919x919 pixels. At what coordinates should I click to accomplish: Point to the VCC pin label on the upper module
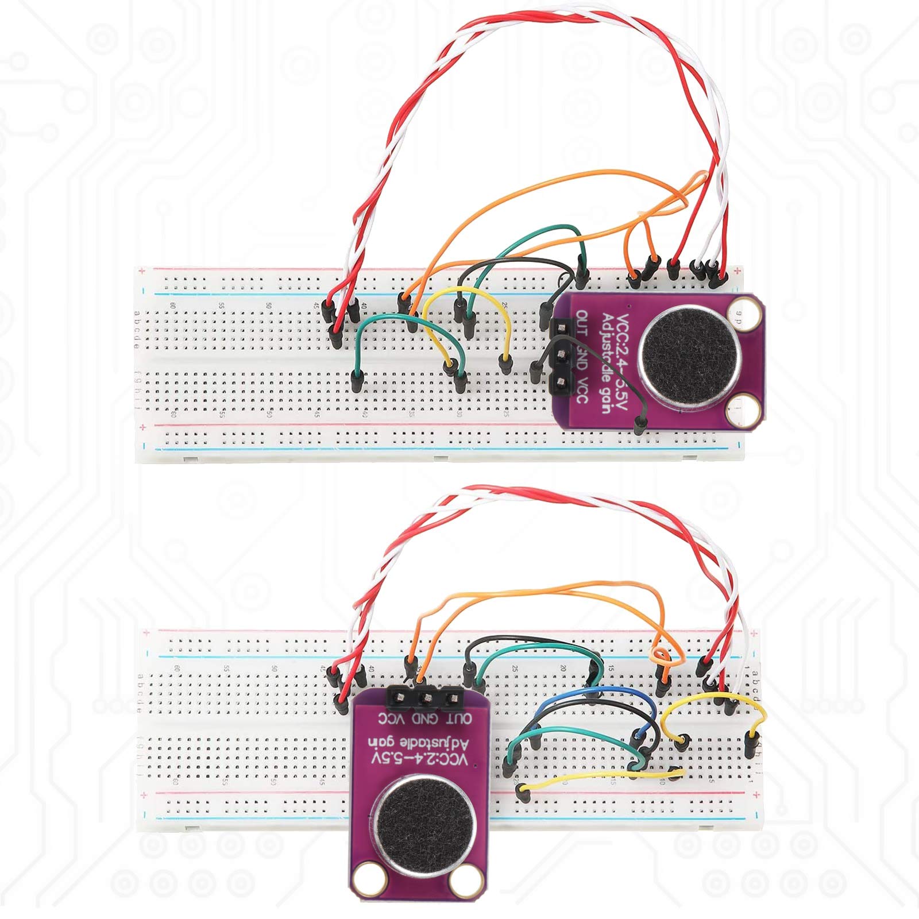coord(582,389)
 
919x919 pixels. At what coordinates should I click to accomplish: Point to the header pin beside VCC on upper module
coord(561,383)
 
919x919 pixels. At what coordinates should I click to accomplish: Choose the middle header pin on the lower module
coord(427,698)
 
